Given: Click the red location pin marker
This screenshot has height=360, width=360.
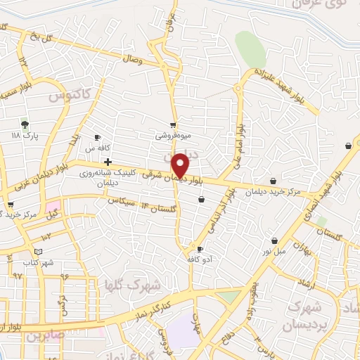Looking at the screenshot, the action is pos(181,165).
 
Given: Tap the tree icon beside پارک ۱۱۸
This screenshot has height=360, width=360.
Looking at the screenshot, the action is pos(25,124).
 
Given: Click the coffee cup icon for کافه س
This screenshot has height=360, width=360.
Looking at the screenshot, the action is pos(97,137).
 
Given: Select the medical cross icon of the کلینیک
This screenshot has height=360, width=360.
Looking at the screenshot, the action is pos(107,162).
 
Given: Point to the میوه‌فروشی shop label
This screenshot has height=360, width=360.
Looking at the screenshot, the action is pos(172,134).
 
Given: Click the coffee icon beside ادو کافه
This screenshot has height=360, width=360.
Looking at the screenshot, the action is pos(200,250).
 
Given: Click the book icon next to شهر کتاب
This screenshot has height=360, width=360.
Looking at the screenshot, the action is pos(38,252).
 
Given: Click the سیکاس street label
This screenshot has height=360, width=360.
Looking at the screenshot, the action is pos(121,201).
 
